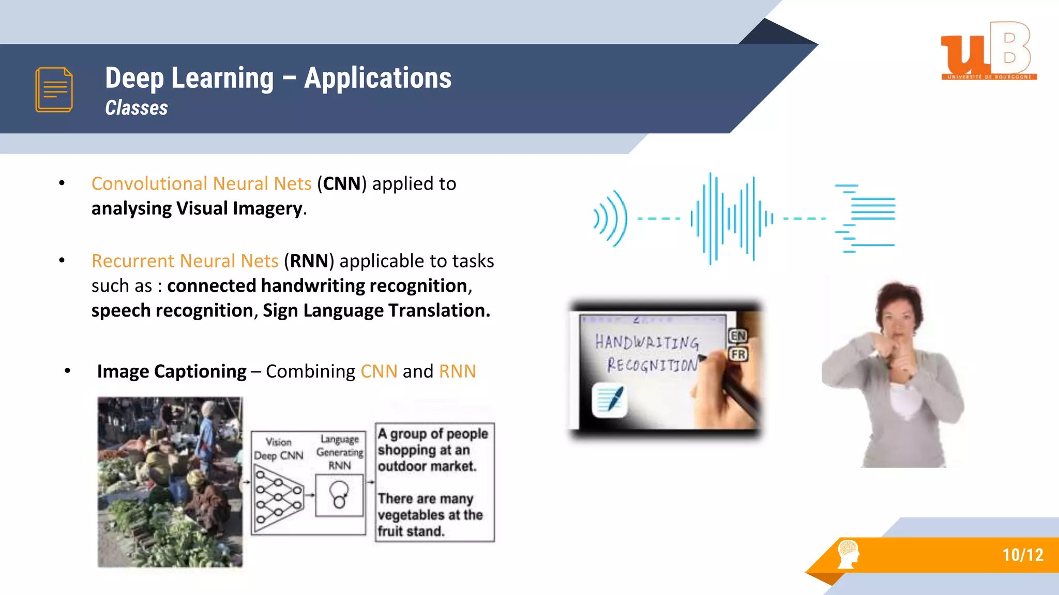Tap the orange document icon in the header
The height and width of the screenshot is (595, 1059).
pos(54,89)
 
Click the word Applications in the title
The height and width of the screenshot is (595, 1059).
pos(377,78)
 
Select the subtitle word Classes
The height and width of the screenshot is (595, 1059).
pos(137,108)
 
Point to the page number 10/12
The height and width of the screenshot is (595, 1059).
pos(1022,555)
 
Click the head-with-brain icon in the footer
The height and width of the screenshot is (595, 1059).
pos(848,554)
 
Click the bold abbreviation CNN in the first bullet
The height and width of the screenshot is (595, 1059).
pos(342,184)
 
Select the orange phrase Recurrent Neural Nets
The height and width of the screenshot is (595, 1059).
pos(185,261)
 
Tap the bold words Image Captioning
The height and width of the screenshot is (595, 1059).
pos(172,371)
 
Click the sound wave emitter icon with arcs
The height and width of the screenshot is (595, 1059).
pos(611,218)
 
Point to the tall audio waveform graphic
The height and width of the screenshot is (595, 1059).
pos(732,218)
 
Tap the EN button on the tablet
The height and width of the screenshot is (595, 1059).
pos(738,336)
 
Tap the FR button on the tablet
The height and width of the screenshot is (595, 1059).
pos(738,354)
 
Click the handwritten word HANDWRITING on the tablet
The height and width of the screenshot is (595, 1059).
pos(646,342)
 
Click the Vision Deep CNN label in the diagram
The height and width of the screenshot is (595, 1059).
pos(279,449)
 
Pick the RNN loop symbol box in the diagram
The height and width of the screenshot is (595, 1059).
pos(339,495)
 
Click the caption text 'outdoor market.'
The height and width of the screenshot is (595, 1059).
pos(427,466)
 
